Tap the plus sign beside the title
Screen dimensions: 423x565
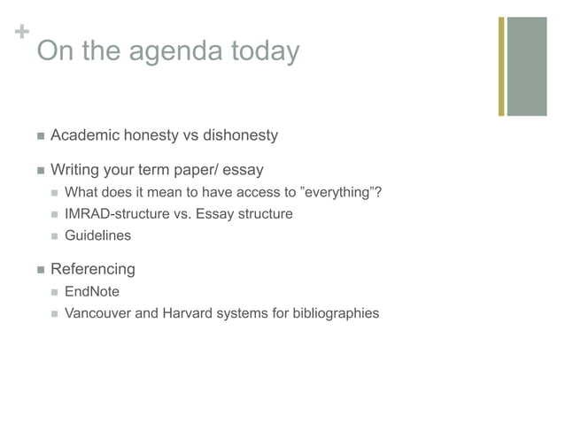[x=19, y=34]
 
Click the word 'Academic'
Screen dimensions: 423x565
[x=85, y=135]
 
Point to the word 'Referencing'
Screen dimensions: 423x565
[x=93, y=269]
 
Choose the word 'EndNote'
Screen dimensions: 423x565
[x=92, y=291]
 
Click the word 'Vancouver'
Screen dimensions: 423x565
[x=97, y=312]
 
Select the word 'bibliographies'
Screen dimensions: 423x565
[x=334, y=312]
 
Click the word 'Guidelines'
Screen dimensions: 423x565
[x=97, y=235]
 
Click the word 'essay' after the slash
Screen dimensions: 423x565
[x=243, y=169]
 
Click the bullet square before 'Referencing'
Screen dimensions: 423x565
[x=39, y=269]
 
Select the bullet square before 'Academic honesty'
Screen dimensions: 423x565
[x=39, y=135]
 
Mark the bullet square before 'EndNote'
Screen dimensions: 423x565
[x=56, y=292]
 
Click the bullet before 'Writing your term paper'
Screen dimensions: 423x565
[x=39, y=169]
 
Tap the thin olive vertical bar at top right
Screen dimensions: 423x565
[x=501, y=65]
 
